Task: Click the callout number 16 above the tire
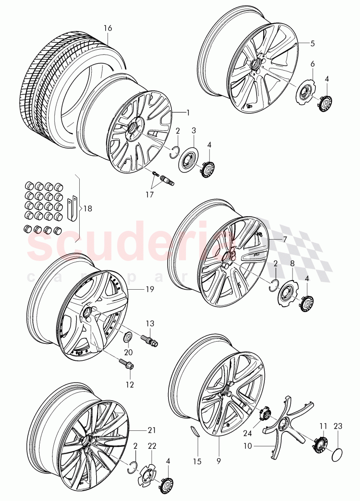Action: (x=108, y=28)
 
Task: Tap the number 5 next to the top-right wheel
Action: (x=313, y=44)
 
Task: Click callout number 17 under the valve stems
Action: (x=149, y=194)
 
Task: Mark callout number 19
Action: (x=150, y=289)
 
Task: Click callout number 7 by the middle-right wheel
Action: (x=285, y=238)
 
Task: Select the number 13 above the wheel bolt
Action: (x=150, y=323)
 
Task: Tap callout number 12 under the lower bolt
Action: (x=130, y=385)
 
